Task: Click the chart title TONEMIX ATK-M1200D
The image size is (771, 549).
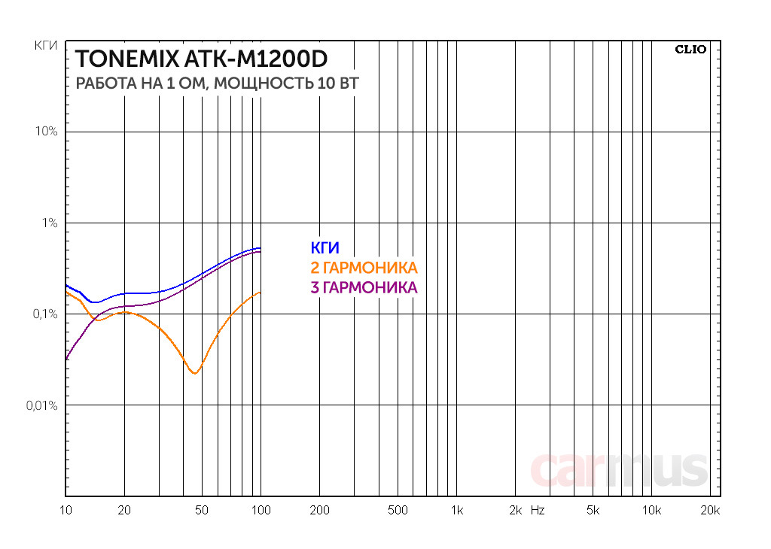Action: pos(202,59)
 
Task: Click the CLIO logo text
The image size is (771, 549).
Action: pos(690,50)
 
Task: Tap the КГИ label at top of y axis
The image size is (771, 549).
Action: pos(47,46)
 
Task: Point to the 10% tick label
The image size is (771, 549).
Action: pos(46,132)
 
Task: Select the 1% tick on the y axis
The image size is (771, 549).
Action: pos(49,223)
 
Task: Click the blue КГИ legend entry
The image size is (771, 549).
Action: pos(325,248)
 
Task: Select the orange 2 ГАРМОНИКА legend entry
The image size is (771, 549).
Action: pos(363,268)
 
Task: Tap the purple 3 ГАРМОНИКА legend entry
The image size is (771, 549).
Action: pos(363,287)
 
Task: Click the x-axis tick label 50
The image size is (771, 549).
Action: pos(201,511)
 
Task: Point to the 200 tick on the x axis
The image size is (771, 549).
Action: pos(319,511)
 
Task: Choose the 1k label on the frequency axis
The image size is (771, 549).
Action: pos(456,511)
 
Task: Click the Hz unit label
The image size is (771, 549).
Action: pos(537,511)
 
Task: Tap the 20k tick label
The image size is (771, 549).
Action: pos(710,511)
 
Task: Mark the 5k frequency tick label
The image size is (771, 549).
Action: pos(593,511)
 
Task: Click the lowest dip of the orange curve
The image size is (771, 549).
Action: pos(195,372)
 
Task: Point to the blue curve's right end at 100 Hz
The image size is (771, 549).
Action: pos(260,248)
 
